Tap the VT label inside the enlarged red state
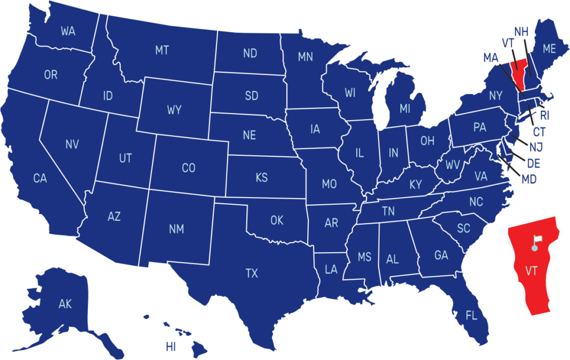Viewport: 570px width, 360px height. pyautogui.click(x=531, y=271)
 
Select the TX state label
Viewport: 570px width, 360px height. pyautogui.click(x=252, y=273)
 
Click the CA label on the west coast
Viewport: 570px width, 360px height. pyautogui.click(x=40, y=179)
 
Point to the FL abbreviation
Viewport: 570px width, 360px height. pyautogui.click(x=471, y=316)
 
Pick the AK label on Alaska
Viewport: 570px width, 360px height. pyautogui.click(x=65, y=304)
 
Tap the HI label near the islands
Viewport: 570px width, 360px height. pyautogui.click(x=170, y=347)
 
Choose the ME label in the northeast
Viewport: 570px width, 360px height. pyautogui.click(x=549, y=49)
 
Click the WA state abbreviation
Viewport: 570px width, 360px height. pyautogui.click(x=68, y=31)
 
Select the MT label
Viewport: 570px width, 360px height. pyautogui.click(x=161, y=51)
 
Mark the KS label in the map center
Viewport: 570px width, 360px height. pyautogui.click(x=261, y=178)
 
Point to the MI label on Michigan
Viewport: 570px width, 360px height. pyautogui.click(x=405, y=109)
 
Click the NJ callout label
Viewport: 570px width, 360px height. pyautogui.click(x=536, y=147)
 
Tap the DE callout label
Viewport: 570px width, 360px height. pyautogui.click(x=533, y=164)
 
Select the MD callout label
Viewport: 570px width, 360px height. pyautogui.click(x=529, y=180)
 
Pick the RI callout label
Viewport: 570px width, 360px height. pyautogui.click(x=544, y=116)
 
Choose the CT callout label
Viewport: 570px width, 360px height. pyautogui.click(x=539, y=132)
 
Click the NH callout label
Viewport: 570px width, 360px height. pyautogui.click(x=521, y=32)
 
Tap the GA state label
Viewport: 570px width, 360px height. pyautogui.click(x=441, y=255)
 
